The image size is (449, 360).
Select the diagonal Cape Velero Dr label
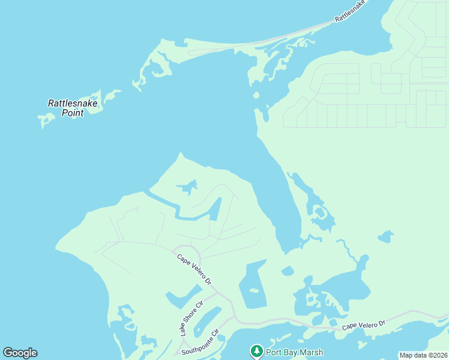pyautogui.click(x=194, y=269)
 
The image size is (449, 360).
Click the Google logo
pyautogui.click(x=20, y=353)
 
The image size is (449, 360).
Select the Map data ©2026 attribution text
pyautogui.click(x=423, y=355)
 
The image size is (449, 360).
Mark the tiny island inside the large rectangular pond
pyautogui.click(x=254, y=291)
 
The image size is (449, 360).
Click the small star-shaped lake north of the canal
pyautogui.click(x=188, y=188)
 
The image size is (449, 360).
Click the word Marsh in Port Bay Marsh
pyautogui.click(x=311, y=352)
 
